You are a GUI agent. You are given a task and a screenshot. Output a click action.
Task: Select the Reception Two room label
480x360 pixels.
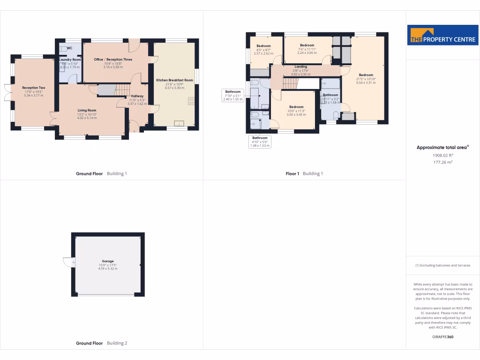click(33, 88)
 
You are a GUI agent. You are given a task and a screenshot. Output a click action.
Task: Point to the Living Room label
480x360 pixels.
click(87, 110)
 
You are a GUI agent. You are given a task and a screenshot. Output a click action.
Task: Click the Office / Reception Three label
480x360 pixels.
click(113, 60)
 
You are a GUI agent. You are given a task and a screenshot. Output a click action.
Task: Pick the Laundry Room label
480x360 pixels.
click(70, 60)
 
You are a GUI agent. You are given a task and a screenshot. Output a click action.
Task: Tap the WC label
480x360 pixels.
click(69, 48)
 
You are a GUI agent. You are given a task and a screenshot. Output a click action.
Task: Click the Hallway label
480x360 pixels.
click(137, 96)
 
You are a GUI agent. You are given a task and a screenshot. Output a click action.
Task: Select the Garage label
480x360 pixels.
click(108, 261)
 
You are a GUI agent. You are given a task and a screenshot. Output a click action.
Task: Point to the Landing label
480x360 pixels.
click(301, 67)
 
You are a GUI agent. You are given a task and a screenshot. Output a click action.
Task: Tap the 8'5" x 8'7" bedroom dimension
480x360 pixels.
click(263, 50)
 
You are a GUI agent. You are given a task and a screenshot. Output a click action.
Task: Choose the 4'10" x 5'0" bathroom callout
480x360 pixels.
click(260, 142)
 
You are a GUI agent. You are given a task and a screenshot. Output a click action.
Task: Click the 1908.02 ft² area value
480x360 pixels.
click(442, 155)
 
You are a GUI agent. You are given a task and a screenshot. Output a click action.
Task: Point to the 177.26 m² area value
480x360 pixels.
click(442, 162)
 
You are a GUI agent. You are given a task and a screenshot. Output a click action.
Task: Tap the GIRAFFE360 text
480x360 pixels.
click(443, 337)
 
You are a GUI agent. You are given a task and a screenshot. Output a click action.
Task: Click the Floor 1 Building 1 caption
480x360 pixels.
click(304, 173)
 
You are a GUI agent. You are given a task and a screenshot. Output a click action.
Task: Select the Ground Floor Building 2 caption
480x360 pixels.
click(101, 343)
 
